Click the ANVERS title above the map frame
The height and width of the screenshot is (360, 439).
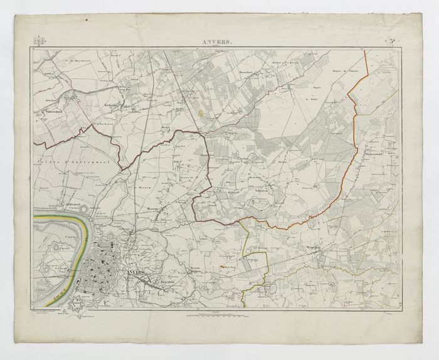point(216,42)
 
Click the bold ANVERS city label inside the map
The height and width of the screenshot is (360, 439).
point(134,274)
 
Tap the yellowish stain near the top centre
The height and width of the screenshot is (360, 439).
point(200,114)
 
